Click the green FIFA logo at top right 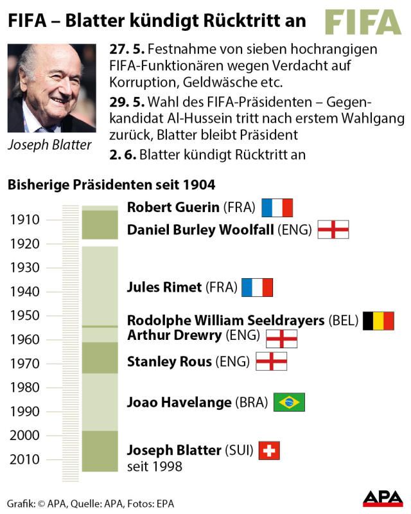coord(362,22)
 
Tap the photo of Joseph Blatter coord(51,88)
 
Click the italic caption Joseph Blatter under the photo coord(49,145)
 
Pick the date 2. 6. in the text coord(122,155)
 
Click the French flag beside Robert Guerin coord(277,208)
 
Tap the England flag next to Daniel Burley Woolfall coord(333,229)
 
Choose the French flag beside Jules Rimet coord(258,287)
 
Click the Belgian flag coord(378,321)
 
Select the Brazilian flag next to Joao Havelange coord(289,403)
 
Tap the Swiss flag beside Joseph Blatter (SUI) coord(269,451)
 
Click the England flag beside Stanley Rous coord(271,362)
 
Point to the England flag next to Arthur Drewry coord(281,339)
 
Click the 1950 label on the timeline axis coord(25,315)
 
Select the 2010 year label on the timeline coord(25,459)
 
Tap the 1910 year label coord(25,220)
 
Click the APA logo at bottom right coord(383,499)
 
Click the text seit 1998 coord(155,466)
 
